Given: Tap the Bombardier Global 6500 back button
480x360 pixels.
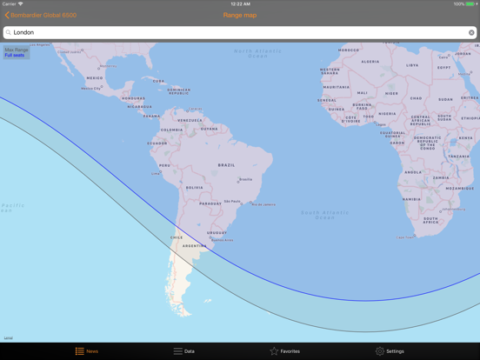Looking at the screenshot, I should tap(41, 15).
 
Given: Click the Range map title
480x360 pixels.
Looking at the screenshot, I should tap(240, 15).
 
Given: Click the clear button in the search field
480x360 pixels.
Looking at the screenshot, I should tap(471, 33).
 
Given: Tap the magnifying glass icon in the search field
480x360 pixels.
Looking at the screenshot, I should tap(9, 33).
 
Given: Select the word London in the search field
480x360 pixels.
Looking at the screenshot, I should tap(24, 33).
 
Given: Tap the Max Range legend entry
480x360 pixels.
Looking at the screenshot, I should tap(17, 50).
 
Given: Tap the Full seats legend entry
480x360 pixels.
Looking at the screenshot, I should tap(15, 56).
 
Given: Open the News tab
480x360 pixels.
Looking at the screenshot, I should tap(87, 351).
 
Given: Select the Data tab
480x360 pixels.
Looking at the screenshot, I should tap(183, 351).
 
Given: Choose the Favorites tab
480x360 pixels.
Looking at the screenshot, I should tap(284, 351).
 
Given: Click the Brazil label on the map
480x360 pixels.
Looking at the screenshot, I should tap(226, 165).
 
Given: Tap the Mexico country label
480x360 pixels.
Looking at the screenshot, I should tap(94, 78).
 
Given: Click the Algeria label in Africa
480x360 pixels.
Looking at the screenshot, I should tap(370, 62).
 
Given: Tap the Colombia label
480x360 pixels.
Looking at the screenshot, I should tap(172, 130).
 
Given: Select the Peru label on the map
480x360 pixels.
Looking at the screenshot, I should tap(164, 165).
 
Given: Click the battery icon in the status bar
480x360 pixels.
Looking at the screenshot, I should tap(470, 4).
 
